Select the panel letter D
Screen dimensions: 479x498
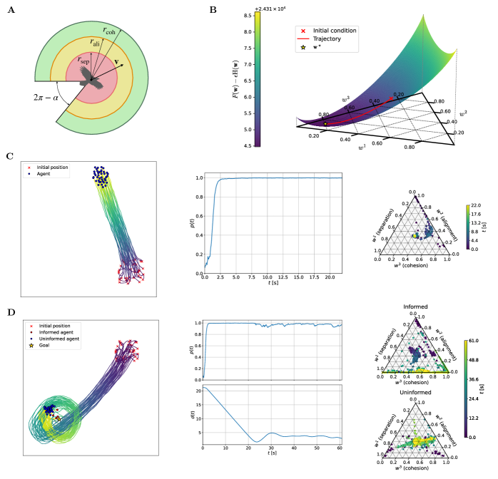coord(9,312)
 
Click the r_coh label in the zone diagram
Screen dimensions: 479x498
coord(109,31)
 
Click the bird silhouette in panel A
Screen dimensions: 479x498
coord(91,80)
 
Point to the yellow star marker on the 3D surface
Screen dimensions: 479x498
coord(325,123)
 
